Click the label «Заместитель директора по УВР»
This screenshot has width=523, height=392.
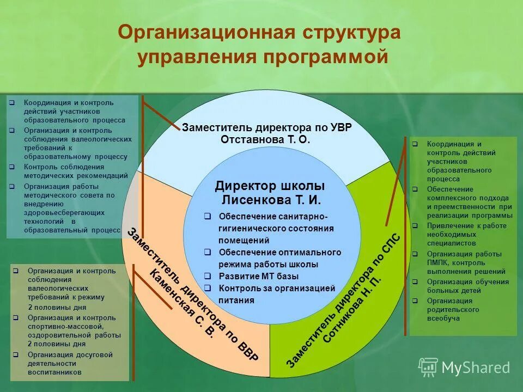(x=266, y=127)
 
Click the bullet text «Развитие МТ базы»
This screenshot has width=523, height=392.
(x=249, y=276)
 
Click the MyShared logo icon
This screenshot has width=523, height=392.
(x=428, y=367)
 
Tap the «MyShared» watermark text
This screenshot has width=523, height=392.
(x=476, y=368)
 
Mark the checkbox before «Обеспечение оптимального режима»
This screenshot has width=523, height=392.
(x=208, y=252)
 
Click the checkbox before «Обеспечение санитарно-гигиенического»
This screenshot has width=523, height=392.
(x=208, y=216)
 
